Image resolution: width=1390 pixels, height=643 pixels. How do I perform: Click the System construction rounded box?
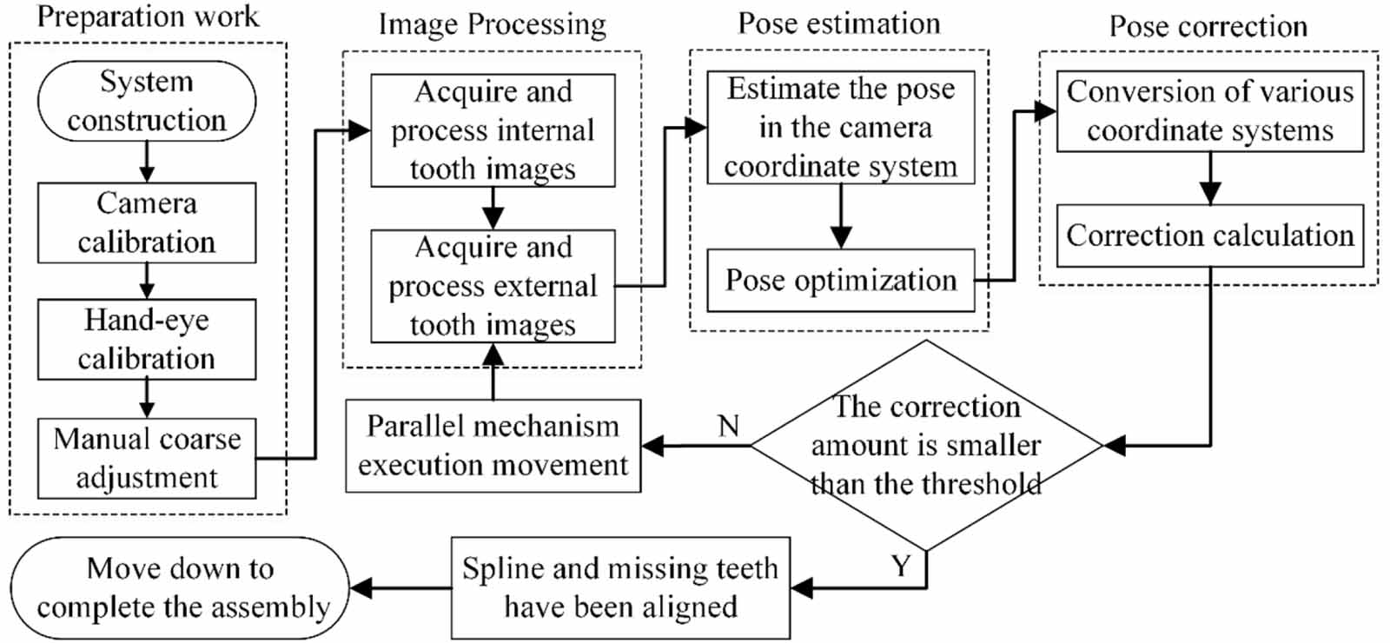(146, 101)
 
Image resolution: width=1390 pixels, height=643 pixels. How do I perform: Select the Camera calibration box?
(146, 222)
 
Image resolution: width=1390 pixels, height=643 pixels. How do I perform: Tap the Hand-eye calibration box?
(146, 339)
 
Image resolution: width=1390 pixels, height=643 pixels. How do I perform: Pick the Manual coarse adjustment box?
(146, 458)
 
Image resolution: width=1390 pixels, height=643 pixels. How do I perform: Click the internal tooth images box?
(493, 130)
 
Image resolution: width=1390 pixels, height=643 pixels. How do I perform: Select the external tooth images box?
(493, 286)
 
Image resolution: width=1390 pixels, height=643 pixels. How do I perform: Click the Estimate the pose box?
(840, 127)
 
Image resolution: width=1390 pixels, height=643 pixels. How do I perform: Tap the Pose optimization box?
(840, 280)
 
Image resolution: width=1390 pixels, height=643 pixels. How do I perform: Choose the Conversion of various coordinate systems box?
(1209, 111)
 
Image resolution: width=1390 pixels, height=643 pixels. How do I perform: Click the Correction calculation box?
(1209, 235)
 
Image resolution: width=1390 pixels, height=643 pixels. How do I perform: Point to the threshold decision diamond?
(926, 445)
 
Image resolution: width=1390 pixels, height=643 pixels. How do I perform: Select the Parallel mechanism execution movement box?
(493, 445)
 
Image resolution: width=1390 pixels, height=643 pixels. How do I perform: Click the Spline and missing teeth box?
(620, 587)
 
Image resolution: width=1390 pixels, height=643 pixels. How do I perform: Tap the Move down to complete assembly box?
(181, 587)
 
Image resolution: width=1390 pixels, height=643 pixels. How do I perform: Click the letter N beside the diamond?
(728, 426)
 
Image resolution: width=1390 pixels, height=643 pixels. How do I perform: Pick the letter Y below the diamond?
(901, 567)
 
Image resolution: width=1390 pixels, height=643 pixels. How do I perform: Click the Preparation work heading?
(148, 17)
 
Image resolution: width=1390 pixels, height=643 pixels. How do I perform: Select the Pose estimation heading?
(839, 23)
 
